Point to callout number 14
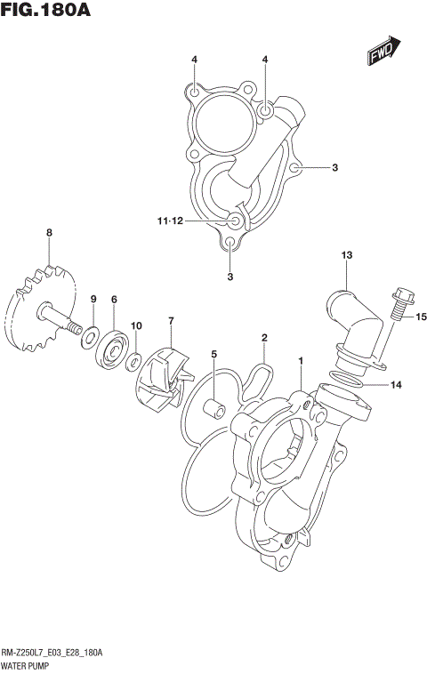[396, 385]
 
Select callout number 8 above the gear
[50, 233]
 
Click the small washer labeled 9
[91, 336]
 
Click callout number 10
[136, 326]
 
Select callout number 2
[264, 337]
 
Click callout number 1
[302, 361]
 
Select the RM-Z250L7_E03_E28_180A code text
[53, 652]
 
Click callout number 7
[171, 320]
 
